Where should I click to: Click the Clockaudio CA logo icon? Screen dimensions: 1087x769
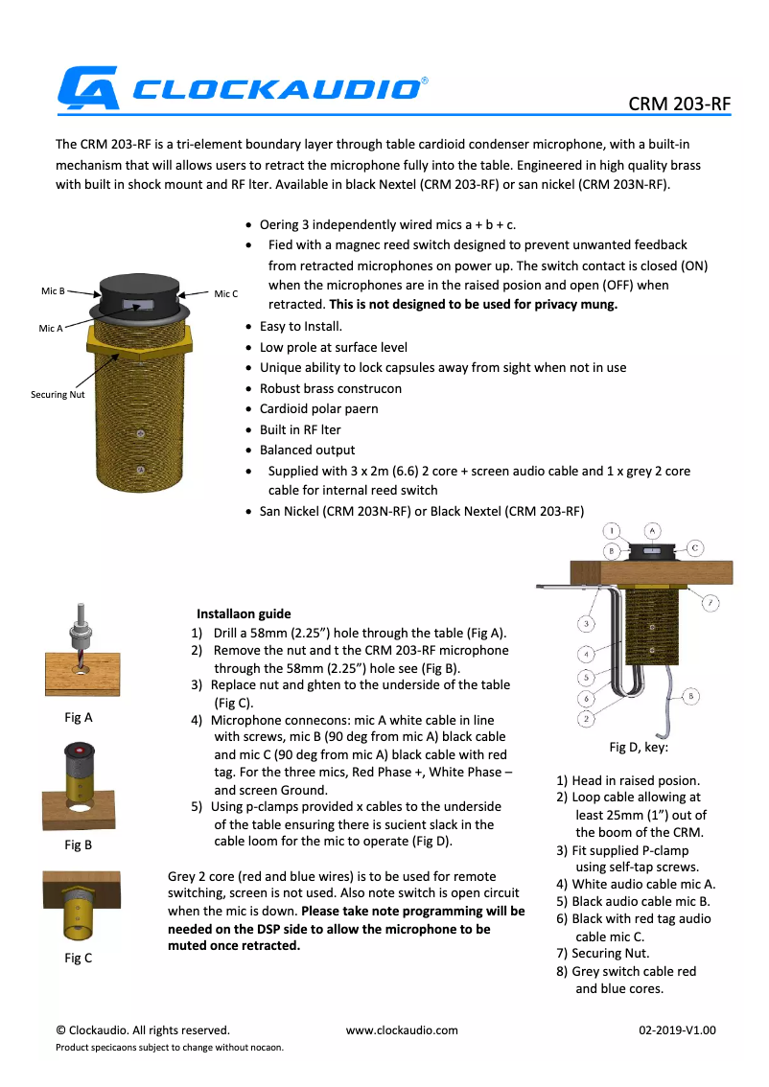coord(87,87)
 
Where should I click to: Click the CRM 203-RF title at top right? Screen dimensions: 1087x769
coord(679,104)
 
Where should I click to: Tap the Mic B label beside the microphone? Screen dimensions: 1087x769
coord(53,290)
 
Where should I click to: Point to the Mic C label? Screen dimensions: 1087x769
coord(225,293)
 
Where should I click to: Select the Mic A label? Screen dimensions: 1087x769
coord(51,328)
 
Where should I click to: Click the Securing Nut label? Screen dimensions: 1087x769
coord(58,394)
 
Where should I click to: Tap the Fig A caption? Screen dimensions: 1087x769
coord(78,717)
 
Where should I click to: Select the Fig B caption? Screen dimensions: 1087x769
coord(78,844)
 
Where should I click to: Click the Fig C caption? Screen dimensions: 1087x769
coord(78,958)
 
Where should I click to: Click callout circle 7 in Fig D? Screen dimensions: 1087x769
coord(710,603)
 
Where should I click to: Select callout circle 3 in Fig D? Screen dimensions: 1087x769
coord(587,624)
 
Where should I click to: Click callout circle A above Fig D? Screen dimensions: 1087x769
coord(651,529)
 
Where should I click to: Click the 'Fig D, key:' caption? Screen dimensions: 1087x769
coord(639,747)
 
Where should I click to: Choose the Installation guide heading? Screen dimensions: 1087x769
coord(244,613)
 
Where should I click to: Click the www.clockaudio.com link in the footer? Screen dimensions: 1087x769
coord(402,1030)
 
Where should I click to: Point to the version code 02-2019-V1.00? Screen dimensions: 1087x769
coord(677,1030)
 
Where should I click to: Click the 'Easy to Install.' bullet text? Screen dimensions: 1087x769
coord(300,326)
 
